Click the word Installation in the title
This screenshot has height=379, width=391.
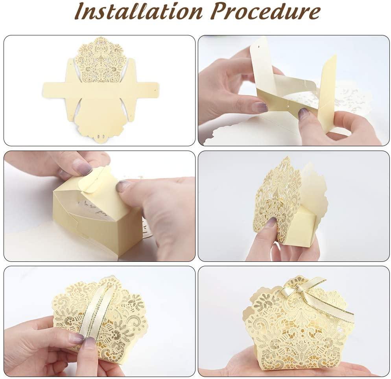138,11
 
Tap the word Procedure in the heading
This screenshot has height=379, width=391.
265,11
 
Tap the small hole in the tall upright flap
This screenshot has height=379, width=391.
258,46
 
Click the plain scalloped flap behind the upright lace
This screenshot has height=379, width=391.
314,192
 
